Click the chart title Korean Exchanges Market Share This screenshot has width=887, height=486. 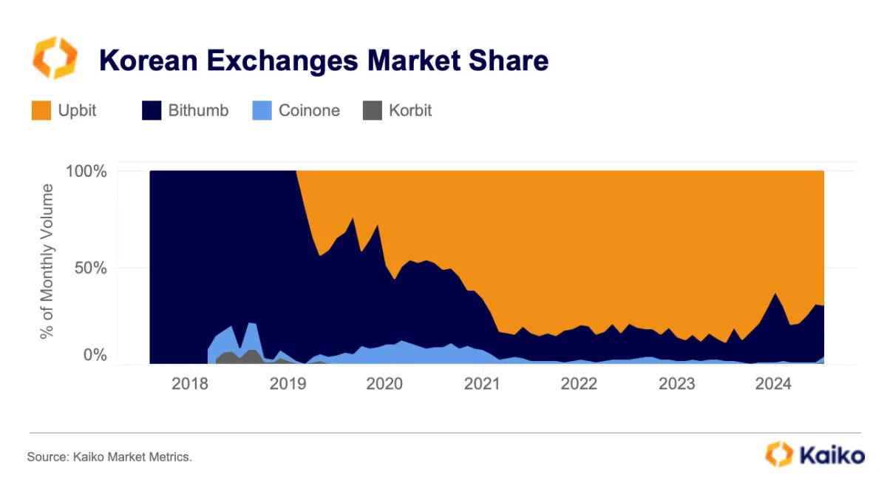point(324,60)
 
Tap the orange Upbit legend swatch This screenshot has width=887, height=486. point(41,111)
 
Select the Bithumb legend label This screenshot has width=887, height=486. point(198,111)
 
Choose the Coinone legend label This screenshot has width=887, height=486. point(309,111)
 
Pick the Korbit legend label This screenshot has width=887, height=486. point(410,111)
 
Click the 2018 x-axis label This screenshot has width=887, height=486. point(189,385)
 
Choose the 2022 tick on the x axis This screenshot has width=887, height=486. point(580,385)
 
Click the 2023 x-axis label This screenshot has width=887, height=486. point(677,385)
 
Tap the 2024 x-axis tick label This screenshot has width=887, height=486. point(774,385)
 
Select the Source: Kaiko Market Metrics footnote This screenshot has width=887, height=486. point(109,457)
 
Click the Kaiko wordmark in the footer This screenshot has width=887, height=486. point(831,453)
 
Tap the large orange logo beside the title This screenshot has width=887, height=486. point(54,58)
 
